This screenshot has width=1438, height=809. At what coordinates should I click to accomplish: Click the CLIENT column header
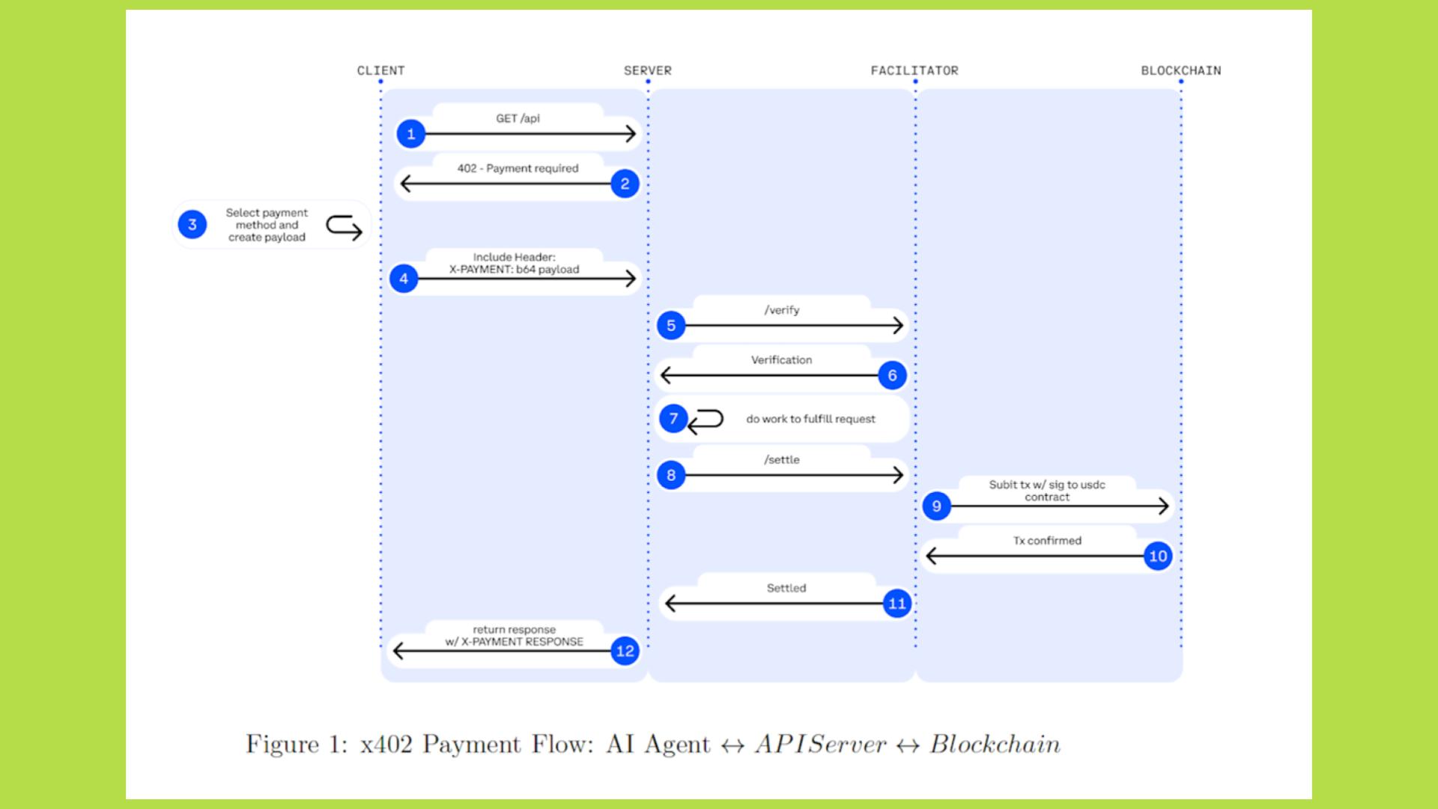[x=380, y=70]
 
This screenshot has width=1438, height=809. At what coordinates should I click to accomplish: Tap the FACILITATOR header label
[x=914, y=70]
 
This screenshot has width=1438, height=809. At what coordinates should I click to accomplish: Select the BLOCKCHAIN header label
[x=1180, y=70]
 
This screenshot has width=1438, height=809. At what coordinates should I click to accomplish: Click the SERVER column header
[x=647, y=70]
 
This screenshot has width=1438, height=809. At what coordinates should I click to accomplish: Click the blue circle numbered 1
[x=410, y=134]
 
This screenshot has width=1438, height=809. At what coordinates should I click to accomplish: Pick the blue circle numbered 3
[x=192, y=224]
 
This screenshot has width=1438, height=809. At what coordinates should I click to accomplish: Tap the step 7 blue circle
[x=673, y=418]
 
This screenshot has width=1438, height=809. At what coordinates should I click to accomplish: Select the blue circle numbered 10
[x=1158, y=556]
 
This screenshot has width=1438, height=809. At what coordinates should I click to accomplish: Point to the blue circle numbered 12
[x=625, y=651]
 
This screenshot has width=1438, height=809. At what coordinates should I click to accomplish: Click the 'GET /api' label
[x=518, y=118]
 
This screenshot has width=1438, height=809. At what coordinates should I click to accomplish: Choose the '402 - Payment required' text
[x=518, y=169]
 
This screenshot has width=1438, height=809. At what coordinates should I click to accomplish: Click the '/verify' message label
[x=781, y=310]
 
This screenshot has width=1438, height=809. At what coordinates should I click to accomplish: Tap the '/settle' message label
[x=781, y=460]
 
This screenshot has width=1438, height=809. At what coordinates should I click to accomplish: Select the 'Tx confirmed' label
[x=1047, y=541]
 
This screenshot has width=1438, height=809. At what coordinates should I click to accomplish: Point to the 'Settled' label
[x=786, y=588]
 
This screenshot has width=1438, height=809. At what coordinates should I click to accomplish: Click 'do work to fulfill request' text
[x=810, y=419]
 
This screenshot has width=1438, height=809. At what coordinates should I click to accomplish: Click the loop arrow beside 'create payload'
[x=344, y=227]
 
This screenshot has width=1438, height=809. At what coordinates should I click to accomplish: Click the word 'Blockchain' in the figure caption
[x=995, y=744]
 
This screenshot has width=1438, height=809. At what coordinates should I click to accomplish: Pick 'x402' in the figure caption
[x=386, y=744]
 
